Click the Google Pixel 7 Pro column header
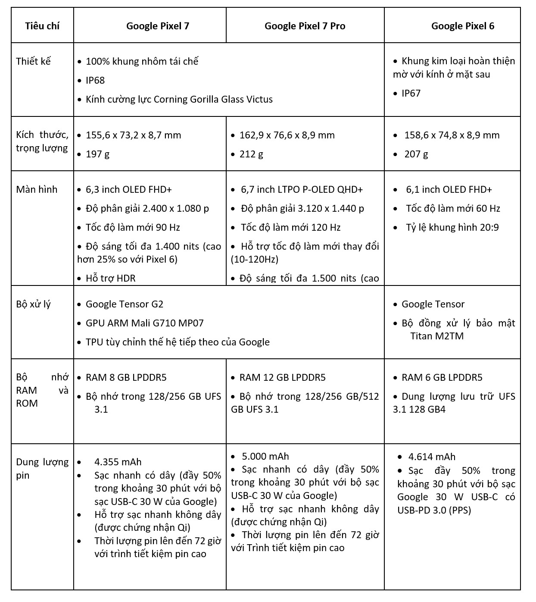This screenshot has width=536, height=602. (305, 26)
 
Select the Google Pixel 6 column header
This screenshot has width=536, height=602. (462, 26)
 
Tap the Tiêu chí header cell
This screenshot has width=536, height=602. (42, 25)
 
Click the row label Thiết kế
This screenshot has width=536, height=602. (33, 61)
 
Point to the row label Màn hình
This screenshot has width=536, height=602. (37, 189)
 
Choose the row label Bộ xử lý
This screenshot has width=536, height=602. (33, 304)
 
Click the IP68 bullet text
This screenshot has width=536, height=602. (95, 80)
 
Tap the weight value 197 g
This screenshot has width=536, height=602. (97, 154)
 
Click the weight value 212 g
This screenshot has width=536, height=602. (251, 154)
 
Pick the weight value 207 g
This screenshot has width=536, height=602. (416, 154)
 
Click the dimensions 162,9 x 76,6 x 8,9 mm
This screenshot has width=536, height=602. (287, 135)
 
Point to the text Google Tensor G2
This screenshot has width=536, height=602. (125, 304)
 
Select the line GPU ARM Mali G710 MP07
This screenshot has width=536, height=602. (144, 323)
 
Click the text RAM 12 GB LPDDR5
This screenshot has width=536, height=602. (282, 377)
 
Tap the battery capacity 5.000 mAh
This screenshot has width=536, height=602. (265, 456)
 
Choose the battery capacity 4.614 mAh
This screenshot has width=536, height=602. (432, 457)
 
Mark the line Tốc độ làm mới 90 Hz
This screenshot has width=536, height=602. (133, 227)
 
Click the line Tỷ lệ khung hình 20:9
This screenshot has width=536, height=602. (452, 227)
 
